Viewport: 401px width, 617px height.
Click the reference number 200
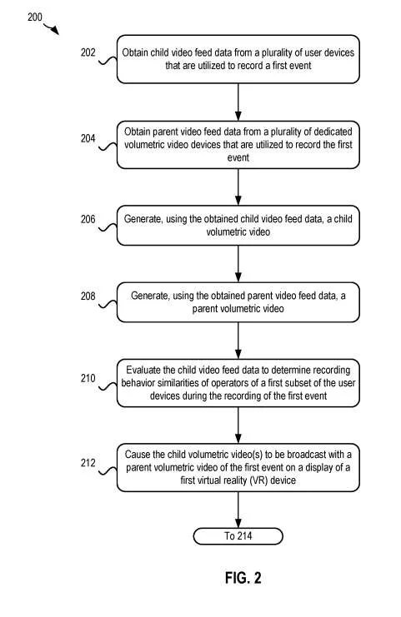pos(35,17)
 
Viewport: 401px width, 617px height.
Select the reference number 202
pos(88,52)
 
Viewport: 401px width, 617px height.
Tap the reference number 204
pos(88,138)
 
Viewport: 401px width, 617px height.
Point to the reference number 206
pos(88,219)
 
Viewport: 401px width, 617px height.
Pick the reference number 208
pos(88,296)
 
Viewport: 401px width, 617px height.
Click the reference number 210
pos(88,379)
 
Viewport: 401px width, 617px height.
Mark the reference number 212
pos(88,463)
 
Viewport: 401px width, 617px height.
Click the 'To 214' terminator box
pos(238,536)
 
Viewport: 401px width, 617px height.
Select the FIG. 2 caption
pos(243,578)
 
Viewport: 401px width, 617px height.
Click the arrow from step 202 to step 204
pos(238,102)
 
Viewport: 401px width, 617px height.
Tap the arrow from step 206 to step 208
pos(238,264)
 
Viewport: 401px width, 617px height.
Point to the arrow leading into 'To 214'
pos(238,510)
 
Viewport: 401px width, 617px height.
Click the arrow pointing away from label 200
pos(52,28)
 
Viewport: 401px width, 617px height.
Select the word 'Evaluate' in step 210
pos(143,370)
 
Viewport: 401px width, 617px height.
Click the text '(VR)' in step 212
pos(258,480)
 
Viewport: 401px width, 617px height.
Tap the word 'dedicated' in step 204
pos(332,132)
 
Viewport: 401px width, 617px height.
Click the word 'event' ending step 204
pos(238,158)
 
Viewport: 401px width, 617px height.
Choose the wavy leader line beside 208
pos(108,304)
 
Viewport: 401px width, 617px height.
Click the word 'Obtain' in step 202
pos(135,52)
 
